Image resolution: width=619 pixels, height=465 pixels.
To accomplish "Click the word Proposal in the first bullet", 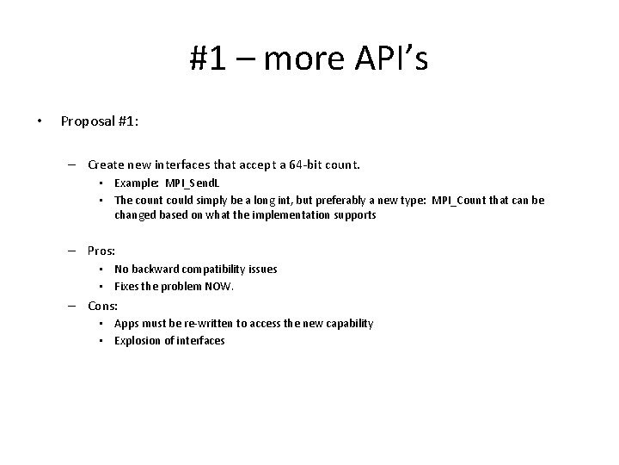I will (88, 121).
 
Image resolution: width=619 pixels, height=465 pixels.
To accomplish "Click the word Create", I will (107, 164).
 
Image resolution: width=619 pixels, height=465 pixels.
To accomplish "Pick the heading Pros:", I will (102, 250).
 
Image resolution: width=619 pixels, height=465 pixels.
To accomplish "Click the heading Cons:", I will (103, 306).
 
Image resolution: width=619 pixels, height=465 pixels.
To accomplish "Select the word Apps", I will (127, 324).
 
